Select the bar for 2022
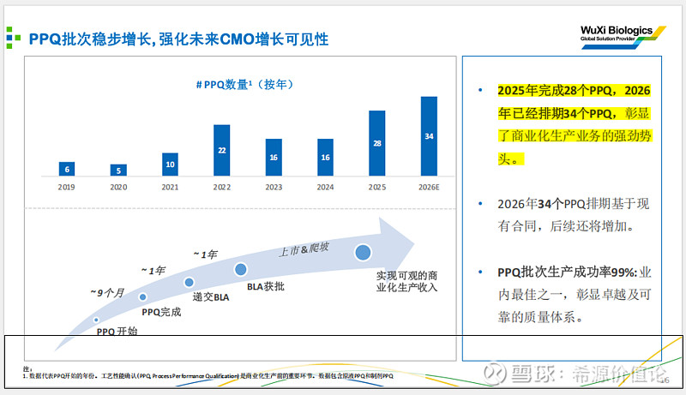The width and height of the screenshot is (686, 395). [x=222, y=150]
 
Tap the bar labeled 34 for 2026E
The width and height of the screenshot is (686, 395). [x=429, y=135]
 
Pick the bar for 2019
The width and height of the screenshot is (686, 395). [x=67, y=168]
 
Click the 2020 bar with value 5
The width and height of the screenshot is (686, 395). [x=118, y=170]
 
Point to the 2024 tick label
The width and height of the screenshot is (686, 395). [x=325, y=187]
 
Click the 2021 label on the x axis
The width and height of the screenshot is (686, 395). [x=170, y=187]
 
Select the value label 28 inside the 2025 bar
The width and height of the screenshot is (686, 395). [x=376, y=143]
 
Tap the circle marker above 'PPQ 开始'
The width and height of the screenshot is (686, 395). [x=96, y=319]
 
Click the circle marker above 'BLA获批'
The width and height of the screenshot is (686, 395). [x=241, y=269]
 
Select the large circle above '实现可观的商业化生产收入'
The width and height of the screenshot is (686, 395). [x=363, y=253]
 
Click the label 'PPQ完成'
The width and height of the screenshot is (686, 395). [x=161, y=312]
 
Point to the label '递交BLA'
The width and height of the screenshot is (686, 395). [x=210, y=296]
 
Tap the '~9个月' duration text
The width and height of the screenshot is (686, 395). [x=107, y=293]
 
